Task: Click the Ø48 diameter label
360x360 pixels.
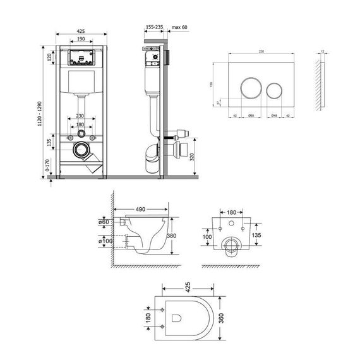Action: pos(274,116)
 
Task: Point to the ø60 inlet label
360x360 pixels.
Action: pos(105,222)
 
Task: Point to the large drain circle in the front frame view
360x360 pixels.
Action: pos(81,150)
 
